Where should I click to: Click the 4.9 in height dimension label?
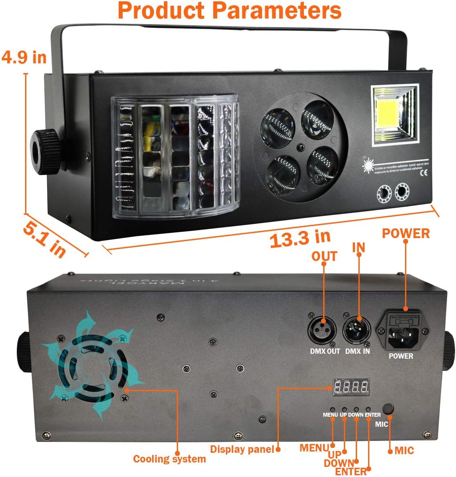[x=24, y=57]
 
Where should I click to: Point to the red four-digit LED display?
[x=350, y=387]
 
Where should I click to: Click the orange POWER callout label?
[x=405, y=233]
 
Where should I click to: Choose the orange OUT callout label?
[x=324, y=256]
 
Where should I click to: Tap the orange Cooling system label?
[x=169, y=459]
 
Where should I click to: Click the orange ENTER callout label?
[x=350, y=472]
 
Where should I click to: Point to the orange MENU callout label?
[x=314, y=448]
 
